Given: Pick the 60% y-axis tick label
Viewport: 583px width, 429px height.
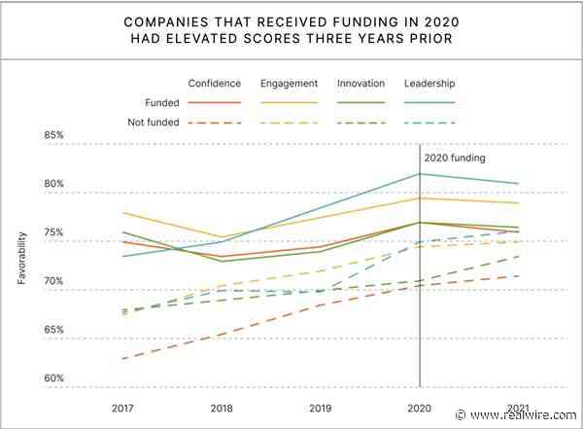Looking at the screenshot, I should (54, 378).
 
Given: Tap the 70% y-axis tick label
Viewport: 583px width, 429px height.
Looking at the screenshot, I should (54, 282).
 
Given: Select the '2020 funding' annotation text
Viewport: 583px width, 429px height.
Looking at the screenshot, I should (455, 157).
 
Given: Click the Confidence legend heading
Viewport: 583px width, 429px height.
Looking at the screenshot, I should (214, 83).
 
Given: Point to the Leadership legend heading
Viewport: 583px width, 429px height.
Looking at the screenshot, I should (429, 83).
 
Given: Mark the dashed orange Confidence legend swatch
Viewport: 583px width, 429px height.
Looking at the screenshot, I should (214, 123).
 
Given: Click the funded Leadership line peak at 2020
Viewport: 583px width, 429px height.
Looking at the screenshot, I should (419, 174).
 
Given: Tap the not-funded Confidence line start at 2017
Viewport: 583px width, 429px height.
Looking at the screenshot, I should (123, 359).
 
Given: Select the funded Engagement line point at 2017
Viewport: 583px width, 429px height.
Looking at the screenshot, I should (123, 212).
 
